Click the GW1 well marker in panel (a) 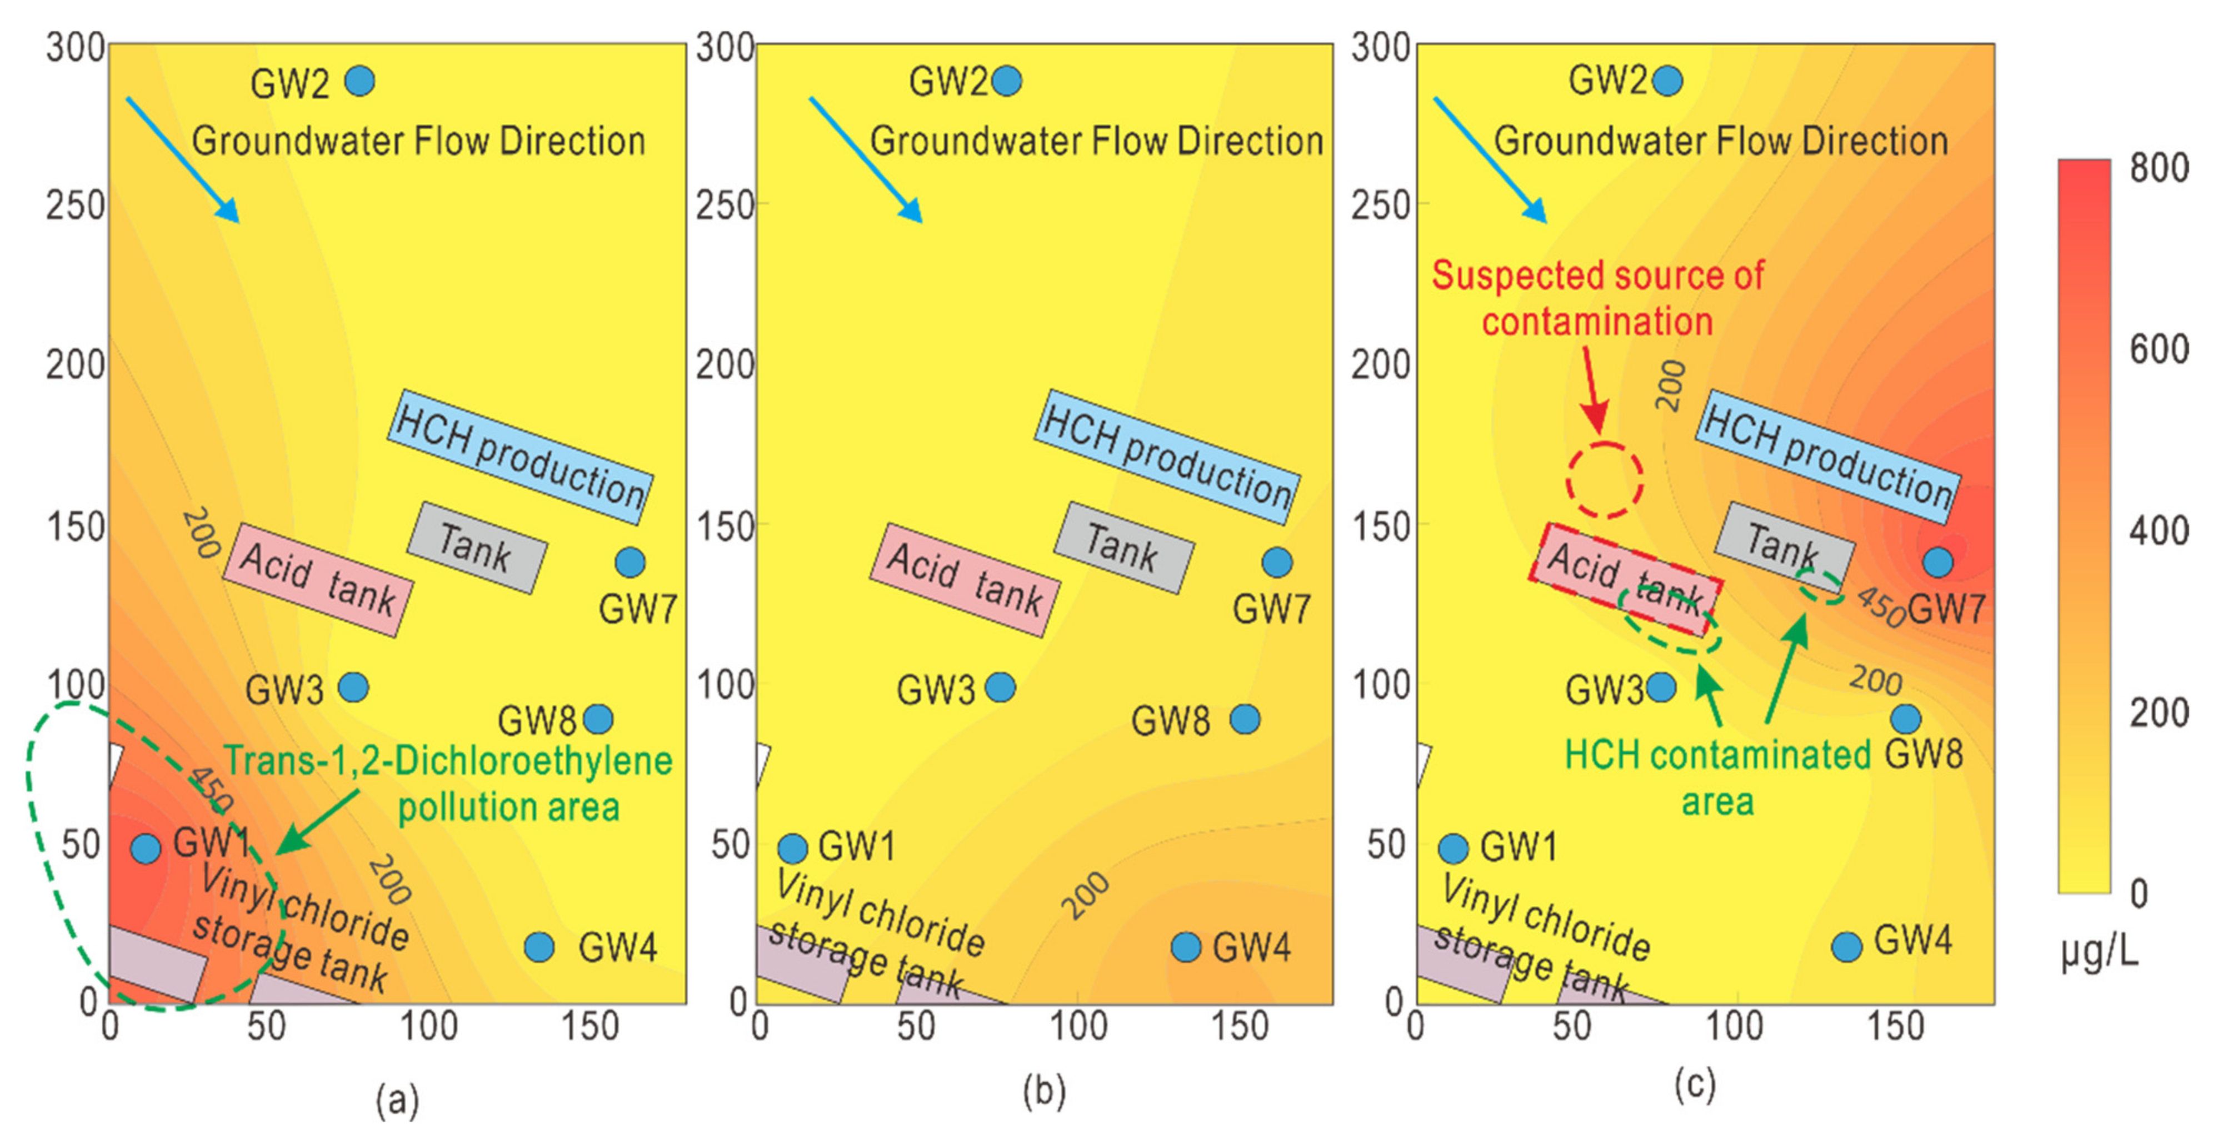(x=146, y=848)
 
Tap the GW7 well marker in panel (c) (x=1938, y=562)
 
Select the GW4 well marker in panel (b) (x=1186, y=947)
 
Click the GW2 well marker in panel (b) (x=1007, y=81)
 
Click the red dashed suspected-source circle (x=1604, y=479)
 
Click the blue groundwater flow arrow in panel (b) (x=865, y=159)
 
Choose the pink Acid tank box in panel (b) (x=965, y=579)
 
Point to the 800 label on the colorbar (x=2159, y=168)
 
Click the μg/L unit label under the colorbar (x=2099, y=953)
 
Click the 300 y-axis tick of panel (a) (x=76, y=48)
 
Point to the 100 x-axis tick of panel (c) (x=1734, y=1027)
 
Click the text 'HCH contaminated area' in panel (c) (x=1718, y=777)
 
